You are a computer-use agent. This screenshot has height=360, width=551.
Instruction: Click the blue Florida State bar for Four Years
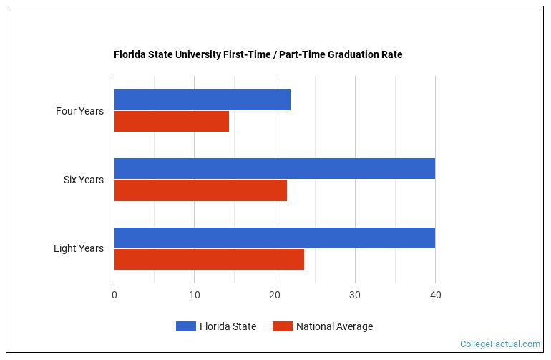[202, 100]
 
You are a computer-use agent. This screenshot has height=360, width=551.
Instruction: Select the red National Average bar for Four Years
[171, 122]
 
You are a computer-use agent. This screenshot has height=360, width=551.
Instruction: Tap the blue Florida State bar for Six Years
[274, 169]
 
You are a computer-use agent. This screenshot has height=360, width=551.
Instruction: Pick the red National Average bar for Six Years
[200, 190]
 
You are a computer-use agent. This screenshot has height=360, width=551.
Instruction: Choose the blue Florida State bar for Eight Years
[274, 238]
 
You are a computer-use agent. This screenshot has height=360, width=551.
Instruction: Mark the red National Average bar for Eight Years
[209, 259]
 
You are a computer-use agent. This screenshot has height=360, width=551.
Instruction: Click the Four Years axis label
[79, 111]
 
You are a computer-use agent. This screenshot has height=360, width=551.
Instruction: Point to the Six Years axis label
[83, 180]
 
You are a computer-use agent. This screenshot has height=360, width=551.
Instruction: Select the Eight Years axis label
[79, 248]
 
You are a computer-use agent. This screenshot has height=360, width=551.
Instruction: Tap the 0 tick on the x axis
[114, 295]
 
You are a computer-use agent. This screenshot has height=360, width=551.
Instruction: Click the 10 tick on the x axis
[194, 295]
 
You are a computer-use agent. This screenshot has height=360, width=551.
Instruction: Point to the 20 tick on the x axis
[275, 295]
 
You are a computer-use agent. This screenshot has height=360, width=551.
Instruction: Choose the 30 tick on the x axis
[355, 295]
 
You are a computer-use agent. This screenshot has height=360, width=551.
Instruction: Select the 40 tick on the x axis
[435, 295]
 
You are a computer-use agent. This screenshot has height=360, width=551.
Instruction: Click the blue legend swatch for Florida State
[185, 326]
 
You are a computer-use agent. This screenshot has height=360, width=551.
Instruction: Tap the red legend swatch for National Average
[283, 326]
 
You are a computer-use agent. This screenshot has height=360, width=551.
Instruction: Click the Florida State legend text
[228, 326]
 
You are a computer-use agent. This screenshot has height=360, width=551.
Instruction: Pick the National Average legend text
[334, 326]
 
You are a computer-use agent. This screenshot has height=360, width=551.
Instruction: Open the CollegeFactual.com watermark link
[500, 344]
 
